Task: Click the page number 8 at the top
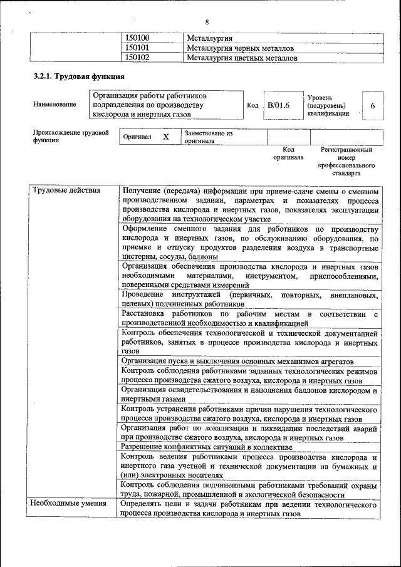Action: (x=207, y=23)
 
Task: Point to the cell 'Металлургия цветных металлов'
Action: (x=242, y=58)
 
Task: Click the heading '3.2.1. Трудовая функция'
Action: (x=78, y=76)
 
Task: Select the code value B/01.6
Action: (x=279, y=105)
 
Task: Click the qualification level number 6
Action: (x=373, y=106)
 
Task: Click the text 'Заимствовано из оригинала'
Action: (x=208, y=137)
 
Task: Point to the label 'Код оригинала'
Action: (x=288, y=153)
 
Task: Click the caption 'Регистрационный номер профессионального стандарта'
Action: (x=346, y=161)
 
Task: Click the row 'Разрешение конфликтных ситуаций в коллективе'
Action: (x=207, y=447)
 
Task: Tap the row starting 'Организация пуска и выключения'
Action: (x=237, y=362)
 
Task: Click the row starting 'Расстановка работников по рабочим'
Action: (x=249, y=318)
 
